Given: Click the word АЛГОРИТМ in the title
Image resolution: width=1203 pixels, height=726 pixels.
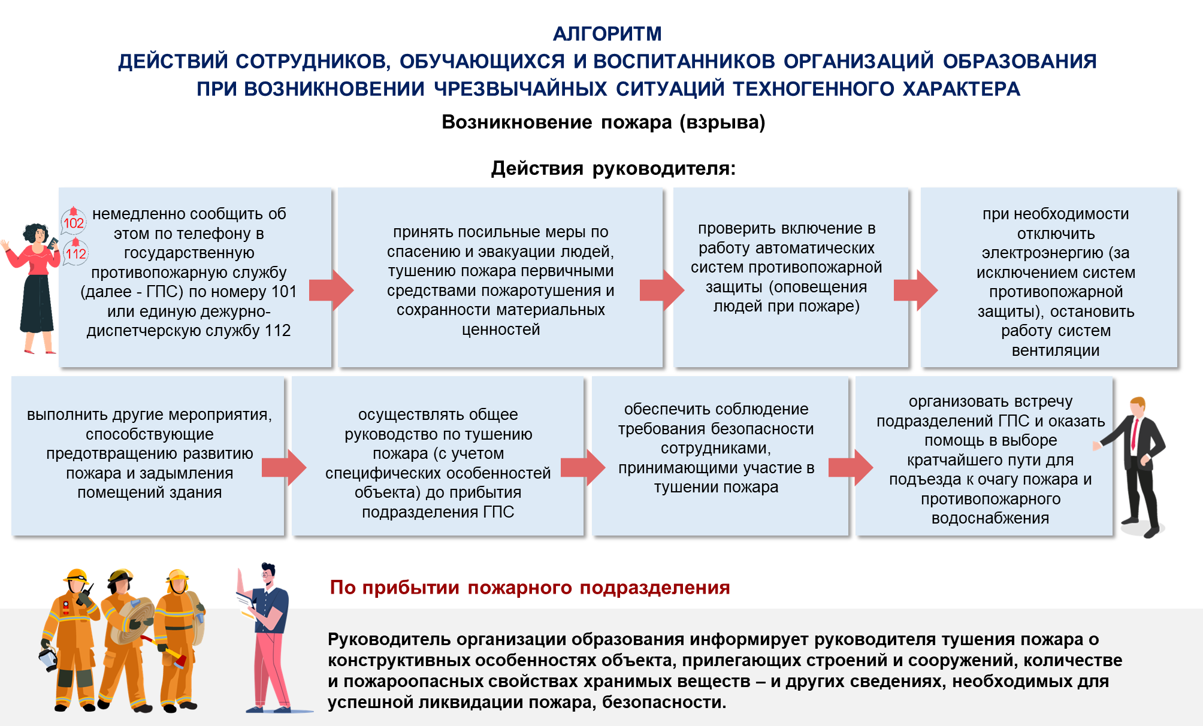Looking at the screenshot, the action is coord(607,34).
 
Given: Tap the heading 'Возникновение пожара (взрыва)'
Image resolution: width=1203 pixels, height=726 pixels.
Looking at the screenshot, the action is coord(603,122).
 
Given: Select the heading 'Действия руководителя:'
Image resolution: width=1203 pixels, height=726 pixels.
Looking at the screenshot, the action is coord(613,168).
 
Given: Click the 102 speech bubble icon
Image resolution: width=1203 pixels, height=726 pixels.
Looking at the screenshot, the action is coord(74,221).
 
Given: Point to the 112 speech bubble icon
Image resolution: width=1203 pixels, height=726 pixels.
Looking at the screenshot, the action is coord(76,252).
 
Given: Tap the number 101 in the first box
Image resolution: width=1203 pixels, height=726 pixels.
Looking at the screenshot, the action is coord(284,292).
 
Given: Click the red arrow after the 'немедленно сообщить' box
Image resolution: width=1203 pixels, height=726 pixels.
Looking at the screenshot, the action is coord(331,291).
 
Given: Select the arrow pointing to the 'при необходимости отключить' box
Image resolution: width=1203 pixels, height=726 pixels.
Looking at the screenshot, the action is coord(915,291).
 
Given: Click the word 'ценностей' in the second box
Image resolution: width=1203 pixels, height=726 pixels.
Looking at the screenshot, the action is coord(501,329).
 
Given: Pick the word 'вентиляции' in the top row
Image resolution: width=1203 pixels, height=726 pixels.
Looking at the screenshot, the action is coord(1056,350).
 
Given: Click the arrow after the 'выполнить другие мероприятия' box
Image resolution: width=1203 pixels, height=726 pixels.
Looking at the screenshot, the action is coord(284,468).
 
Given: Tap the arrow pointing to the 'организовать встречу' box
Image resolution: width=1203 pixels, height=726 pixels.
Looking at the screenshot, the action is coord(851,468).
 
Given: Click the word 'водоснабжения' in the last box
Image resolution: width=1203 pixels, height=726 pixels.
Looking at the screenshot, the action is coord(990,518).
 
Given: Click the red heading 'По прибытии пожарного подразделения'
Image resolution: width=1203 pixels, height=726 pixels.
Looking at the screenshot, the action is coord(530,588).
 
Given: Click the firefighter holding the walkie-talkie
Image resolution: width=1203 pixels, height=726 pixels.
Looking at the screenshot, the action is coord(69,639).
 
